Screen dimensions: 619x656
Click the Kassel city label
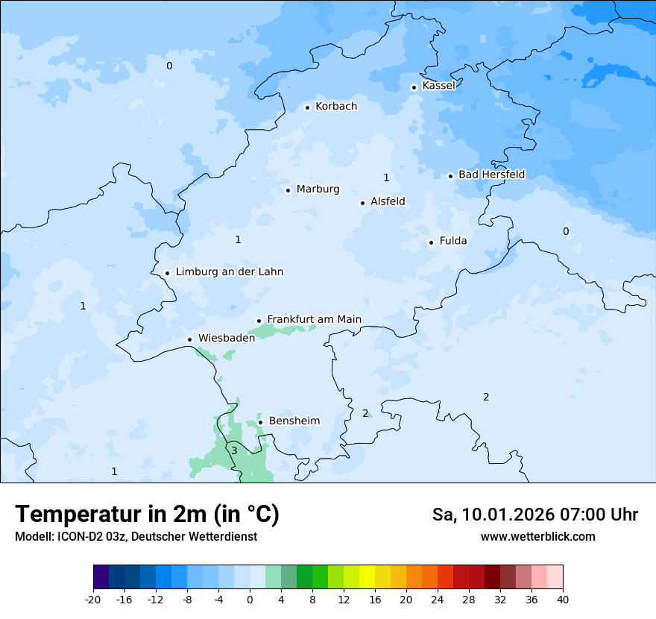pos(438,86)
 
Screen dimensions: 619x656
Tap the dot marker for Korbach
pos(307,107)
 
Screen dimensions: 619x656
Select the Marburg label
pos(318,189)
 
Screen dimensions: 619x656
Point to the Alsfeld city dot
pos(362,203)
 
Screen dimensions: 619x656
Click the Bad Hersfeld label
pos(491,175)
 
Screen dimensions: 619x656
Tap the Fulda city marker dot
pos(431,242)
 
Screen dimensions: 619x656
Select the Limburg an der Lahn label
pos(229,272)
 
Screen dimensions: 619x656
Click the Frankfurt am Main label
pos(314,319)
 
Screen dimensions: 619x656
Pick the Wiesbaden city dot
pos(189,339)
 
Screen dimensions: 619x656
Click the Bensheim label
pos(294,421)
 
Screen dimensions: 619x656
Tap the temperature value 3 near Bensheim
pos(234,450)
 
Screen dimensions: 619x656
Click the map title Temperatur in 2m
pos(147,514)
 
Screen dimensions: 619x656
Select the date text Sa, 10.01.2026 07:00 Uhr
pos(534,515)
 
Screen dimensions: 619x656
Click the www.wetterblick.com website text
pos(537,536)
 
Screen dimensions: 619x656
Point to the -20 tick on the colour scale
pos(93,599)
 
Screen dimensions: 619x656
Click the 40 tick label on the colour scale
pos(562,599)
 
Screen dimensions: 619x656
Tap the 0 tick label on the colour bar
pos(250,599)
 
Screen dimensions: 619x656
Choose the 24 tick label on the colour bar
pos(438,599)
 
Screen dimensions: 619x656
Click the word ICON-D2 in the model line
pos(75,537)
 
